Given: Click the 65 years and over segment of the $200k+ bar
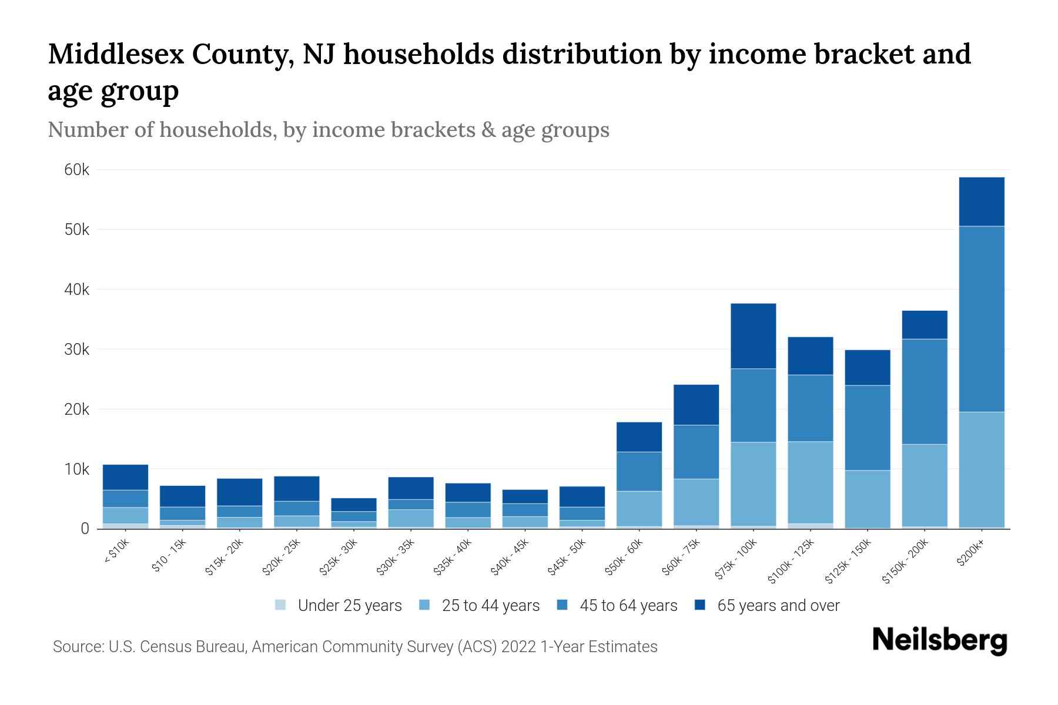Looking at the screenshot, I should tap(981, 202).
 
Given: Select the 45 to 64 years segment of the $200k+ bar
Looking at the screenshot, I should tap(981, 319).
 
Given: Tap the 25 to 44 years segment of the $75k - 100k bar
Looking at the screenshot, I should tap(753, 484).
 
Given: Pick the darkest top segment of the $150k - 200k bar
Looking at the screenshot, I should tap(924, 325).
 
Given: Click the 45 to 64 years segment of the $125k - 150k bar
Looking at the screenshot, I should tap(867, 428).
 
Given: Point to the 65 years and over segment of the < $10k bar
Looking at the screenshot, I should tap(125, 477).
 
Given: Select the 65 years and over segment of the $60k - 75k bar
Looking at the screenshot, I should tap(696, 405).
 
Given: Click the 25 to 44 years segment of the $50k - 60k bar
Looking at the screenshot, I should tap(639, 508).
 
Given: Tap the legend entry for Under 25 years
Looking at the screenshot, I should tap(339, 605).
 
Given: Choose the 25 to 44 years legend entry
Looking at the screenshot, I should tap(480, 605).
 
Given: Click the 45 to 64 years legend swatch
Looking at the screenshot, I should tap(563, 605).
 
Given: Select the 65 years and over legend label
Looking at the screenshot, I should tap(778, 605).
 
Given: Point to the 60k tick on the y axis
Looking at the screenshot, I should tap(77, 170).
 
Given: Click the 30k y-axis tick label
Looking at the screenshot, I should tap(77, 350).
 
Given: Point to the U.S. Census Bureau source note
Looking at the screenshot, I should tap(355, 647).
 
